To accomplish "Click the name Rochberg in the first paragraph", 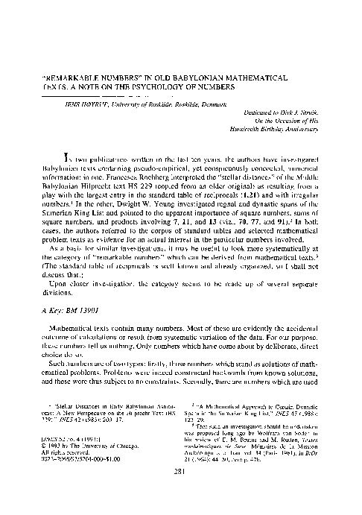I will click(167, 190).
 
